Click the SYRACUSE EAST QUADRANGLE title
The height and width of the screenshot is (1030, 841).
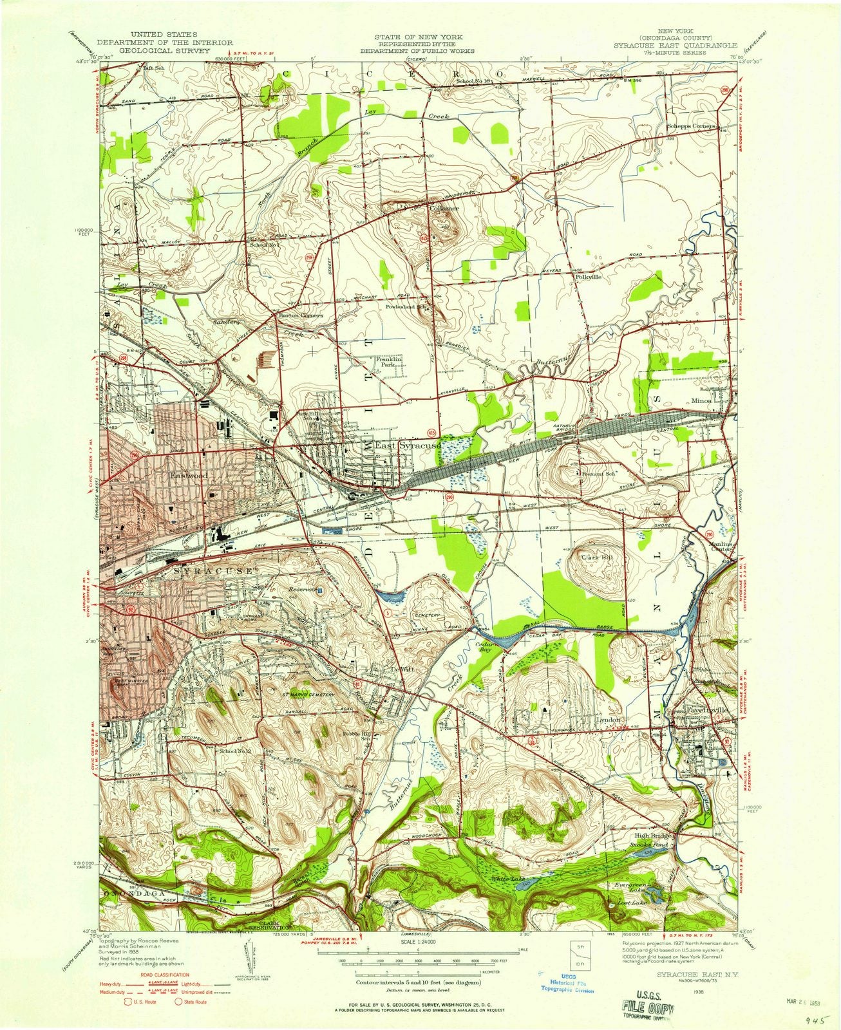(684, 46)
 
